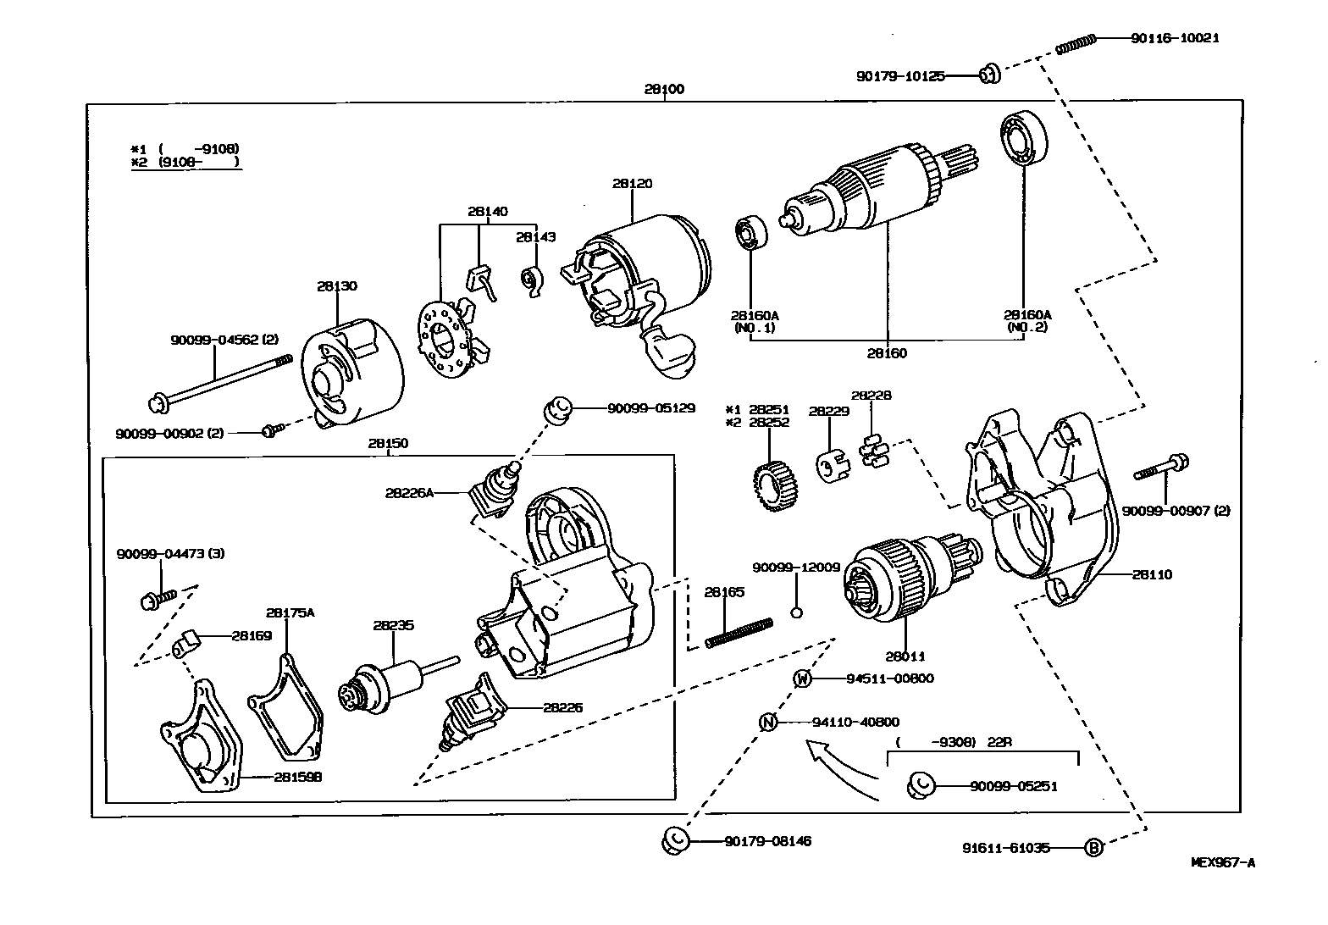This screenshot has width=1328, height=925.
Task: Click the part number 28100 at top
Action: coord(664,89)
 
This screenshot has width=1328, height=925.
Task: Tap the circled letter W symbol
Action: coord(803,678)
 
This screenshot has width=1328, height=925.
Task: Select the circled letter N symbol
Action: coord(767,722)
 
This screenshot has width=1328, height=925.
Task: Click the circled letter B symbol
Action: coord(1093,847)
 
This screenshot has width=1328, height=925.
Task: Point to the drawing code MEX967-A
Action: coord(1223,863)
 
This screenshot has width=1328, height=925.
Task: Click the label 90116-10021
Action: coord(1175,38)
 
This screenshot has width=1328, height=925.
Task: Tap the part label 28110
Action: coord(1152,574)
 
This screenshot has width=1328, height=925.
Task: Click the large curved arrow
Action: coord(838,767)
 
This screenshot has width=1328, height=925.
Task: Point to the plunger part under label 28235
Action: coord(385,683)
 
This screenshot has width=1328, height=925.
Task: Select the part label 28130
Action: coord(337,285)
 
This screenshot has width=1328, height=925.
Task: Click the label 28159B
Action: coord(297,776)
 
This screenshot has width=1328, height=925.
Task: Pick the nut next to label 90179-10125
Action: coord(989,75)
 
